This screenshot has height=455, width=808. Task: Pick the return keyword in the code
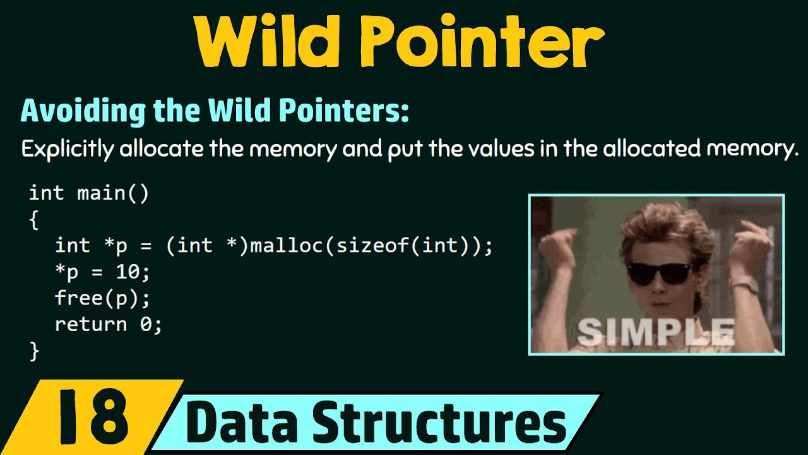90,324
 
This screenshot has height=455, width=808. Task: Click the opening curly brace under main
34,221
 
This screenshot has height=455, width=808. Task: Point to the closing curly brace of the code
34,351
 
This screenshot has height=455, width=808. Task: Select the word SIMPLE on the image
656,331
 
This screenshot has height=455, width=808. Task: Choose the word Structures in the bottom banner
442,423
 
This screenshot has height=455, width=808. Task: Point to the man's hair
656,224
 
